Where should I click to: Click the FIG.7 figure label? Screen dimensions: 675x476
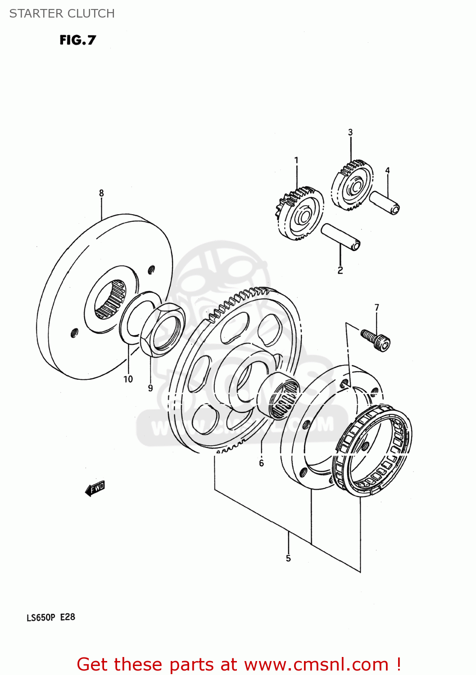[x=77, y=40]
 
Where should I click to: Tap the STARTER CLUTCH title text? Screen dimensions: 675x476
[x=62, y=13]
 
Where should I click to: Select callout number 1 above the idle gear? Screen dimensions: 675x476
[x=296, y=160]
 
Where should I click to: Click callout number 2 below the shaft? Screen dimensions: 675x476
[x=340, y=270]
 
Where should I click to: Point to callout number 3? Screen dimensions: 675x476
[x=350, y=132]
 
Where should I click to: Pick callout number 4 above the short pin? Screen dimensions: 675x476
[x=387, y=170]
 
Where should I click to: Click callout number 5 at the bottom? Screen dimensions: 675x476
[x=288, y=558]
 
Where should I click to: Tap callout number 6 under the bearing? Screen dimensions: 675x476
[x=261, y=463]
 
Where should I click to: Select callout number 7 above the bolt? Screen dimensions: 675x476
[x=377, y=307]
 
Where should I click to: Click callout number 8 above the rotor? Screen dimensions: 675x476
[x=101, y=193]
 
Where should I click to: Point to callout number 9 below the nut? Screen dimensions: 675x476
[x=150, y=388]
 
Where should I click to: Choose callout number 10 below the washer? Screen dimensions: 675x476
[x=128, y=379]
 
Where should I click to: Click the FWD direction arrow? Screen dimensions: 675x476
[x=95, y=488]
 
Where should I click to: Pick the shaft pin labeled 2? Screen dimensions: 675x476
[x=340, y=237]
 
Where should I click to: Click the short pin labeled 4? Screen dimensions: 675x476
[x=385, y=202]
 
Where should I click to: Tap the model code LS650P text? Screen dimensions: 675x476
[x=41, y=617]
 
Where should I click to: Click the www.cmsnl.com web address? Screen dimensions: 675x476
[x=316, y=664]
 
